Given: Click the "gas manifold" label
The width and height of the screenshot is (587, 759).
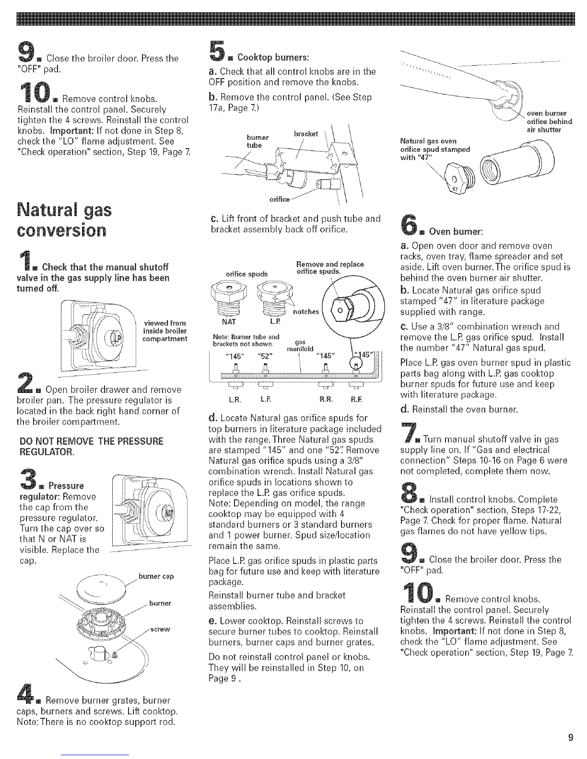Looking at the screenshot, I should (300, 345).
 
